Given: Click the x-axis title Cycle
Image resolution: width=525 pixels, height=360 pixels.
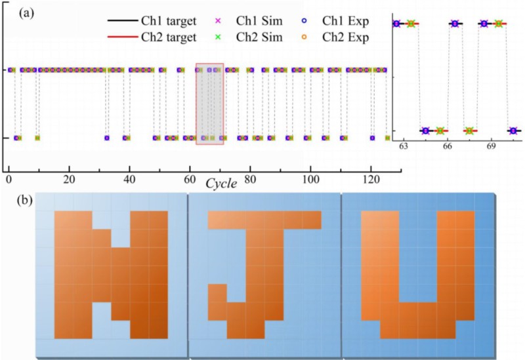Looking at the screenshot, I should [x=222, y=183].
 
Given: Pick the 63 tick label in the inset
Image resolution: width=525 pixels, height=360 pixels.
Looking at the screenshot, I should [x=404, y=144].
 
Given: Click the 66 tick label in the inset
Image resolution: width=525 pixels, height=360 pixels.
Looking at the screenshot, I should [x=448, y=144].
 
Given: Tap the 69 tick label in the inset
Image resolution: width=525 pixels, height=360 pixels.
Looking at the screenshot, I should [x=491, y=144].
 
